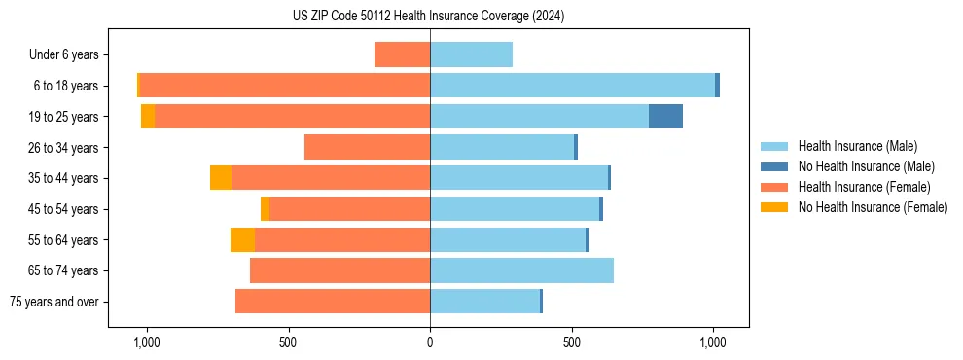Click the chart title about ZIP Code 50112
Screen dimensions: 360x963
[428, 17]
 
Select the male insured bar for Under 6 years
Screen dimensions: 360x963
[471, 54]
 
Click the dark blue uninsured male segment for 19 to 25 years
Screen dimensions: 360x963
[665, 116]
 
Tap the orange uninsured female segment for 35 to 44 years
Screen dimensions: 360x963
[221, 178]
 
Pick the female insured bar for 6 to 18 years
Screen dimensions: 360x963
[284, 86]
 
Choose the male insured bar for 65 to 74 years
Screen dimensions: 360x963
[521, 270]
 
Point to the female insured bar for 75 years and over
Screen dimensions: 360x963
[333, 302]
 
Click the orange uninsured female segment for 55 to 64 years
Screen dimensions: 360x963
[242, 239]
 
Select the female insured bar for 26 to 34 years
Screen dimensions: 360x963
[367, 147]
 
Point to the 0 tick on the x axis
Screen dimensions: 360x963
[430, 342]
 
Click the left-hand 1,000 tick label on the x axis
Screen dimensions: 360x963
[146, 342]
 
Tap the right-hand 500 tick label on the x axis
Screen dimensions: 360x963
[572, 342]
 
